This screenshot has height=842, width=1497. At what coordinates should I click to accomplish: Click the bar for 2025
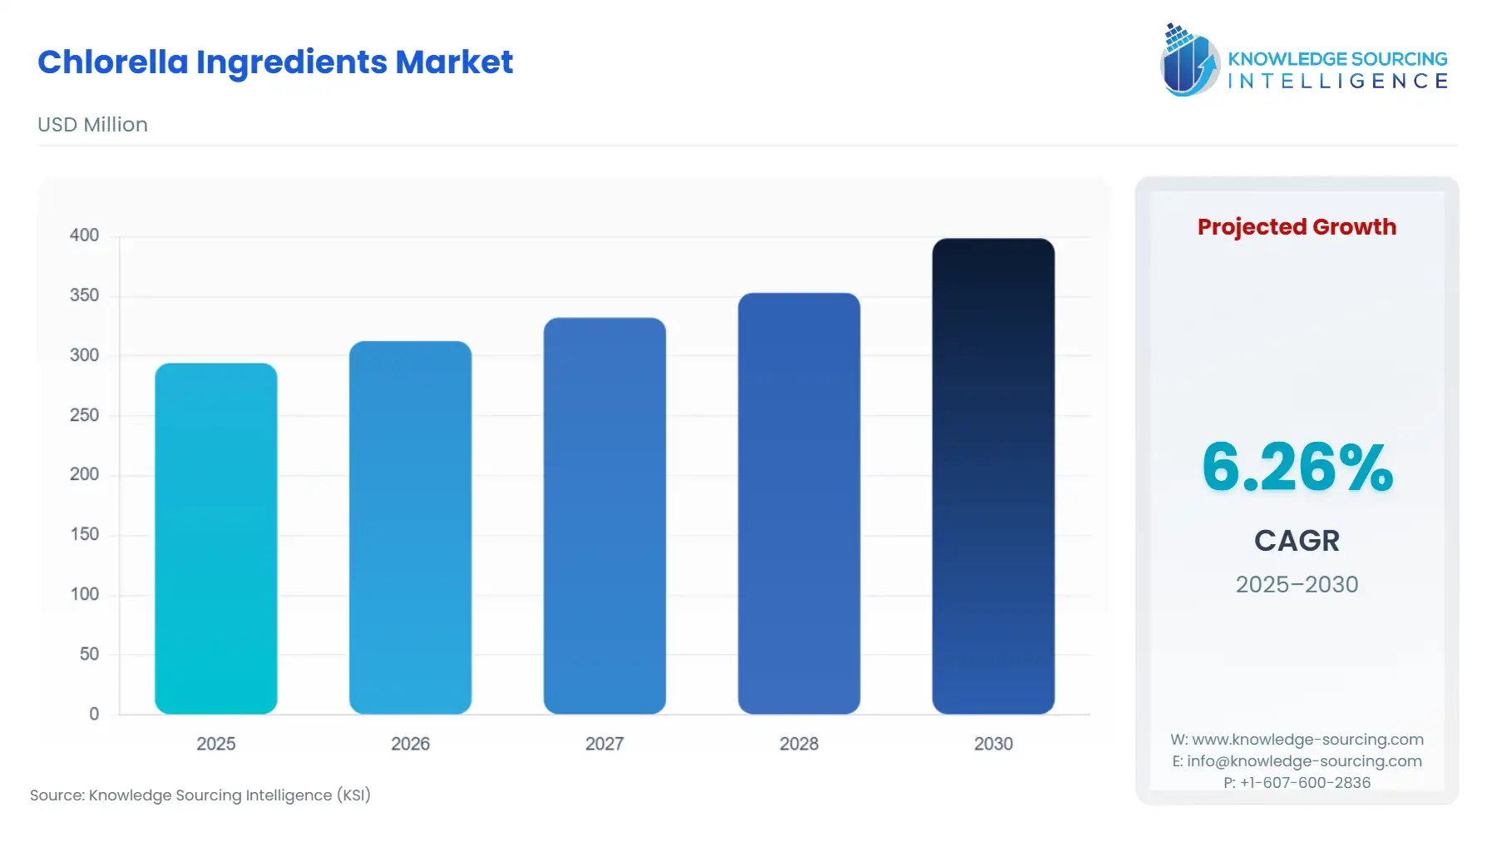pos(215,538)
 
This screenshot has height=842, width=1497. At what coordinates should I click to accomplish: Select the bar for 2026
pos(410,527)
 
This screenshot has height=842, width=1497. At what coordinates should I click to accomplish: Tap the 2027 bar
pos(605,516)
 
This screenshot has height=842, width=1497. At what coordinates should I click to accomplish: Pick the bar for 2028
pos(798,503)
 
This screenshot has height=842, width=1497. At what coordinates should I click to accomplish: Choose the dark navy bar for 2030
pos(993,476)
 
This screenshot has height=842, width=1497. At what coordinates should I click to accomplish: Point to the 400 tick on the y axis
pos(84,235)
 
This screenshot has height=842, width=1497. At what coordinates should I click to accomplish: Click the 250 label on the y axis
pos(84,415)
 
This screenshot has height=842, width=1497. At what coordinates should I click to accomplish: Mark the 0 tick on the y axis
pos(94,714)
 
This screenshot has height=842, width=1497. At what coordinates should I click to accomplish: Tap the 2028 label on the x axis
pos(798,744)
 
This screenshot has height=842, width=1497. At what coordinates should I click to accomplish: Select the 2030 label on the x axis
pos(993,744)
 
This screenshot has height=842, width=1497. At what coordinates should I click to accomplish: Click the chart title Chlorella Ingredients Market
pos(275,62)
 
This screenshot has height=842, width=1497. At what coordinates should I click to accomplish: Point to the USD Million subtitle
pos(92,125)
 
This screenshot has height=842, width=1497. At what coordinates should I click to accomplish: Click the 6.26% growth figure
pos(1297,468)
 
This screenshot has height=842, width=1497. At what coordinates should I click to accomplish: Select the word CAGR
pos(1297,541)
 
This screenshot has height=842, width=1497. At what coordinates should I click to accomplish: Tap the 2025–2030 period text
pos(1297,584)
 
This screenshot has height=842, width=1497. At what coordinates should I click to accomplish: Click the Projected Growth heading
pos(1297,227)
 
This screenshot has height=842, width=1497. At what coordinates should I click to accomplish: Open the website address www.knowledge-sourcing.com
pos(1307,740)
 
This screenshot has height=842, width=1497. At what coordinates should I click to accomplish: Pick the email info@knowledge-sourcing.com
pos(1304,761)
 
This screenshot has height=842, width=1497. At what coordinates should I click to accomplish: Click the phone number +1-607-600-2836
pos(1305,783)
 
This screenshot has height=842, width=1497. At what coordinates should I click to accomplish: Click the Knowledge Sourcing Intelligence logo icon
pos(1189,60)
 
